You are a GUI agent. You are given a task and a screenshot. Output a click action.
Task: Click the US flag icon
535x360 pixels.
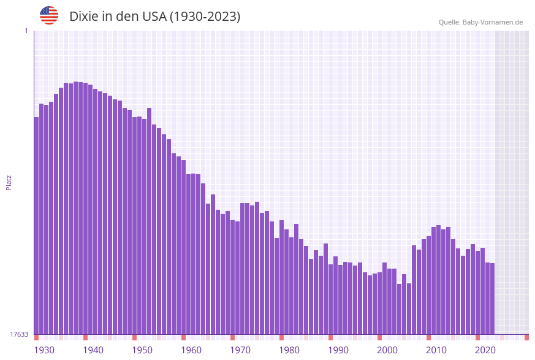pos(49,15)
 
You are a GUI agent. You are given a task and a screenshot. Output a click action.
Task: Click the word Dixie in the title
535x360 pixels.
pos(84,17)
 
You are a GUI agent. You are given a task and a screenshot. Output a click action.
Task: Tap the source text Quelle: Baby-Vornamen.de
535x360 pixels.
pos(480,22)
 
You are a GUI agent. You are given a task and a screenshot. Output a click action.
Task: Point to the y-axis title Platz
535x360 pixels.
pos(9,182)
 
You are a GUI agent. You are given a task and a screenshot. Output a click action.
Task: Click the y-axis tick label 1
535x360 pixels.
pos(26,31)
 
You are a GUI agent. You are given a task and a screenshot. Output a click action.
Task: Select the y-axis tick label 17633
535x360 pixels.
pos(20,334)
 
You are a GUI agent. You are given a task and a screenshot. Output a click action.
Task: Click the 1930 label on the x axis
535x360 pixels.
pos(44,350)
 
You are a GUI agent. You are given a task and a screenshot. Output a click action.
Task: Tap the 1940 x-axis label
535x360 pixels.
pos(93,350)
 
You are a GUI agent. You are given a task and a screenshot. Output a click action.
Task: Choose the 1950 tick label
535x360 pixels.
pos(142,350)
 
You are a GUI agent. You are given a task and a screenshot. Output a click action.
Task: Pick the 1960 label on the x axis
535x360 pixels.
pos(191,350)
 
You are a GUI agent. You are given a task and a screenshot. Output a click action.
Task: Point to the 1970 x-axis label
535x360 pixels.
pos(240,350)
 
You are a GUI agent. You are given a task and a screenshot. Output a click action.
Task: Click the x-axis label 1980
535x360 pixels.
pos(289,350)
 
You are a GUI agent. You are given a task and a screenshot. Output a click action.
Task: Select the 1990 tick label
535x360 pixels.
pos(338,350)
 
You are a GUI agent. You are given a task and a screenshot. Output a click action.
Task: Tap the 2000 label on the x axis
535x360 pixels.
pos(387,350)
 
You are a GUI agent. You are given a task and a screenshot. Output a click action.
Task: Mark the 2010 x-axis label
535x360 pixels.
pos(436,350)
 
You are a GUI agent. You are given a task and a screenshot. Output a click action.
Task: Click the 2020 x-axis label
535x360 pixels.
pos(485,350)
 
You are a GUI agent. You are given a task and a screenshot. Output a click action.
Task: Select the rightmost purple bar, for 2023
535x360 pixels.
pos(492,299)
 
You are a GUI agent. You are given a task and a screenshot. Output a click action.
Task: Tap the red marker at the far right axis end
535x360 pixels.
pos(526,337)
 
